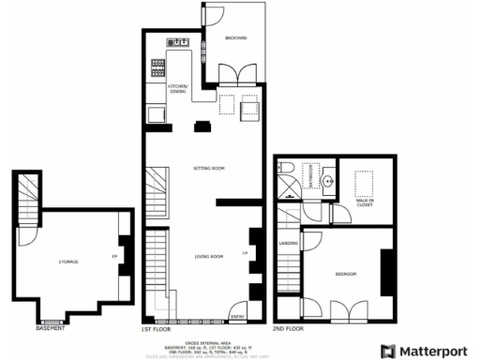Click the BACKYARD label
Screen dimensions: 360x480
235,38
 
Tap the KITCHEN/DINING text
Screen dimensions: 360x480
178,88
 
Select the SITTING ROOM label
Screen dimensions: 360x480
209,168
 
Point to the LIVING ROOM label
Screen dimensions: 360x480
208,256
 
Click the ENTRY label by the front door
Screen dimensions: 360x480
237,303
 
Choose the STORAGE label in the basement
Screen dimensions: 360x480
67,261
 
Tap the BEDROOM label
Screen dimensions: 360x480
346,274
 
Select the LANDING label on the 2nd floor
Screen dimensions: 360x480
288,244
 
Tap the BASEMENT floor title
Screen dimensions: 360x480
51,329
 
